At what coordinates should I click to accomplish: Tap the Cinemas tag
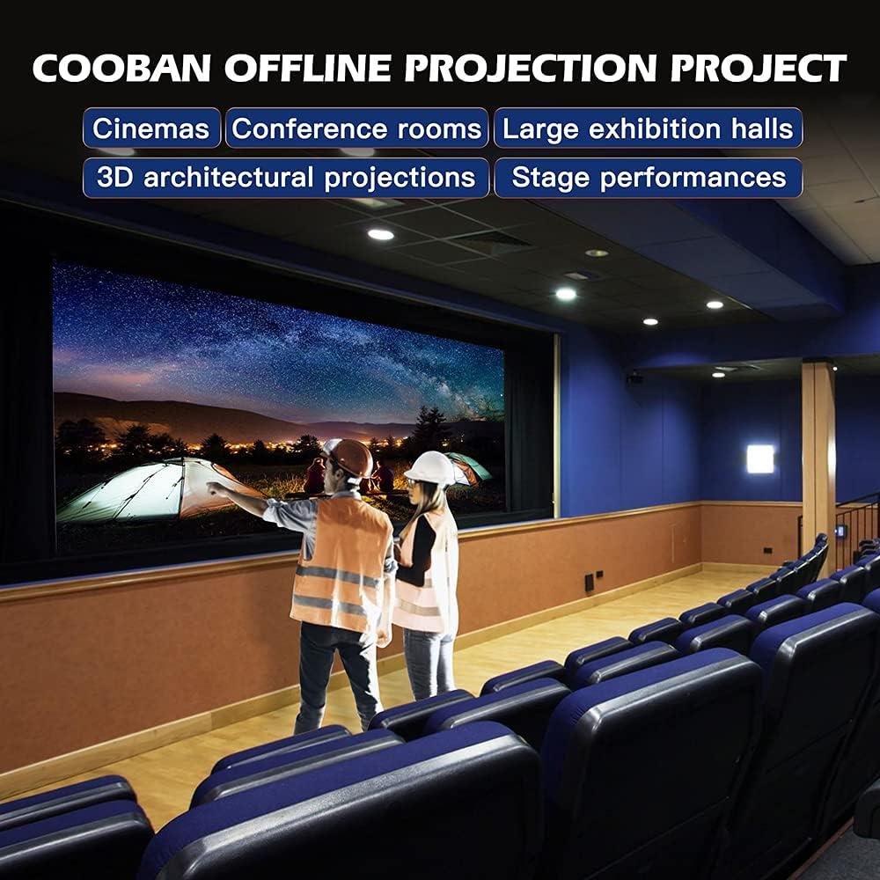click(x=151, y=128)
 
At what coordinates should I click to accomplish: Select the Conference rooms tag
click(x=356, y=128)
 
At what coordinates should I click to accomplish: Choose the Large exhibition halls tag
click(x=648, y=128)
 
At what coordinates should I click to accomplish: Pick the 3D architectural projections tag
click(x=286, y=177)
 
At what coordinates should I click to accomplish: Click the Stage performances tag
click(x=648, y=177)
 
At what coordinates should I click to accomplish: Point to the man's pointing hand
click(x=214, y=487)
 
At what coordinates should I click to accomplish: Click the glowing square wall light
click(x=760, y=458)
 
